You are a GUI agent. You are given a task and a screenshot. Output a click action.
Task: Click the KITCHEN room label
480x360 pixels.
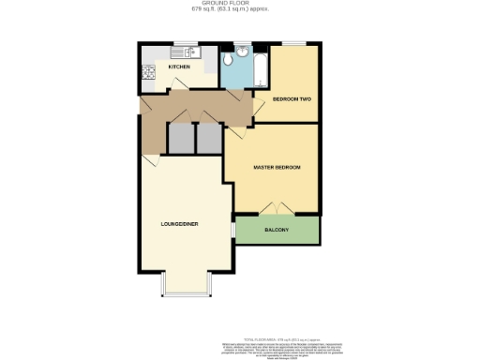(179, 67)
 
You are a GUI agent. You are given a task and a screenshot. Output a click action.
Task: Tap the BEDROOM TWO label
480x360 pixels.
(291, 98)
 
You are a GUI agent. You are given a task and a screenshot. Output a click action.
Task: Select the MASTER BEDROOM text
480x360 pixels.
(277, 167)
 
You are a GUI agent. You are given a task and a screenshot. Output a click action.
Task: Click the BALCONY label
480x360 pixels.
(276, 230)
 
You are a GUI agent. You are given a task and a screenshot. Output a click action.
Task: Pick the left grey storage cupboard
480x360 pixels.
(178, 138)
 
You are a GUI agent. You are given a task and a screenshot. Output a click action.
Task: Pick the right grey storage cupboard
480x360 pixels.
(208, 138)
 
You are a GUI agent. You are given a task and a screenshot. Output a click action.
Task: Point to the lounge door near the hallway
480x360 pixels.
(150, 161)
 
